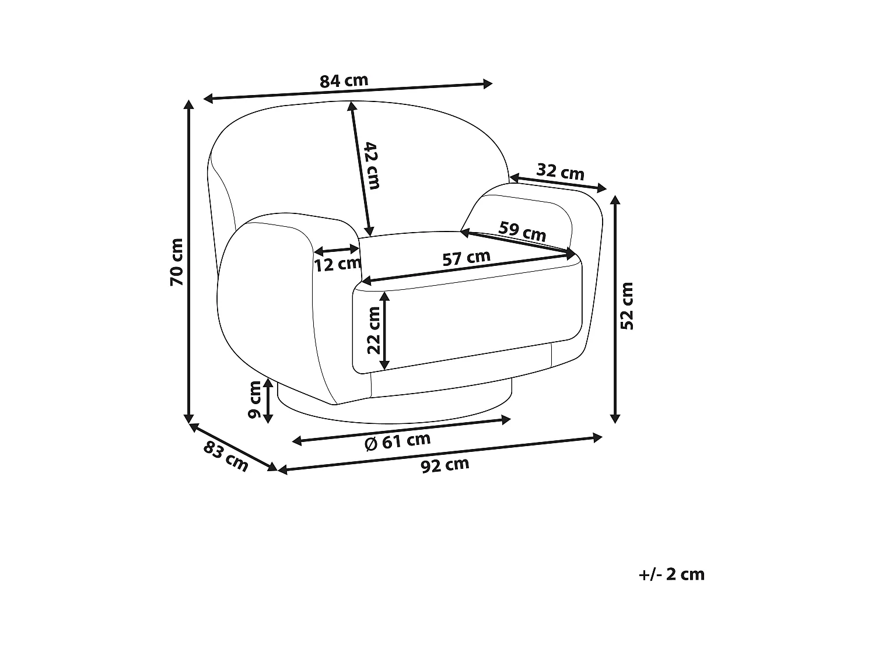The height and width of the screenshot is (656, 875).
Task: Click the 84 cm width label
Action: click(x=344, y=80)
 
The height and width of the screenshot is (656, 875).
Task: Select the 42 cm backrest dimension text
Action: click(x=372, y=165)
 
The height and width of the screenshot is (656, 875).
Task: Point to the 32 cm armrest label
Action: click(x=560, y=172)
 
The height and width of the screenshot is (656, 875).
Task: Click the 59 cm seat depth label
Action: click(x=523, y=231)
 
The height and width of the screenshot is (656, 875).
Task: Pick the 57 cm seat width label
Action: click(x=466, y=258)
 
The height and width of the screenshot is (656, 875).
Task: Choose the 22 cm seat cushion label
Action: click(x=373, y=330)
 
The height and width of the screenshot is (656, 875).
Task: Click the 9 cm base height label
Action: click(x=254, y=399)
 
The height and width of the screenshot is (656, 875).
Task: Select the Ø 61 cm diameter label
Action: click(x=397, y=441)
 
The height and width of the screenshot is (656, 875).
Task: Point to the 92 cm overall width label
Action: click(x=445, y=465)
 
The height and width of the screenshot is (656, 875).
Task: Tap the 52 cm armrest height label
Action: click(x=627, y=306)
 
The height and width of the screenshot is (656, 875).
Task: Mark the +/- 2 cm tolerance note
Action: click(x=672, y=574)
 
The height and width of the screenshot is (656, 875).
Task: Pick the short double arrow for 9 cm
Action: click(x=268, y=401)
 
